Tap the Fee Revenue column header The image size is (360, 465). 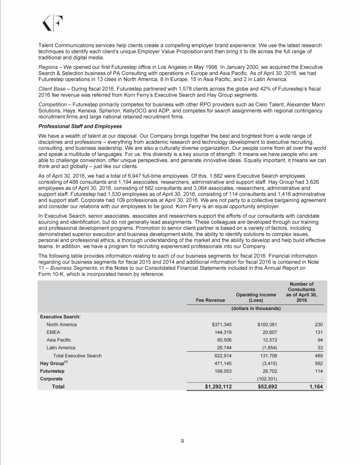(210, 299)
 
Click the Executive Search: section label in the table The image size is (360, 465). (59, 316)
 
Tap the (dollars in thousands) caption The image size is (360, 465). (256, 309)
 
